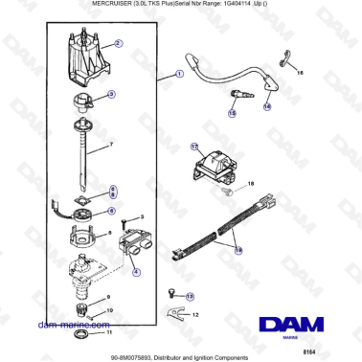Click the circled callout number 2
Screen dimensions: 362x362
click(118, 44)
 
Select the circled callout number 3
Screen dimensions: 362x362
click(111, 94)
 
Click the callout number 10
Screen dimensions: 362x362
click(108, 311)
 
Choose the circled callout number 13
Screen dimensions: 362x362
click(190, 297)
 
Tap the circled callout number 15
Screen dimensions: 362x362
click(232, 112)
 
